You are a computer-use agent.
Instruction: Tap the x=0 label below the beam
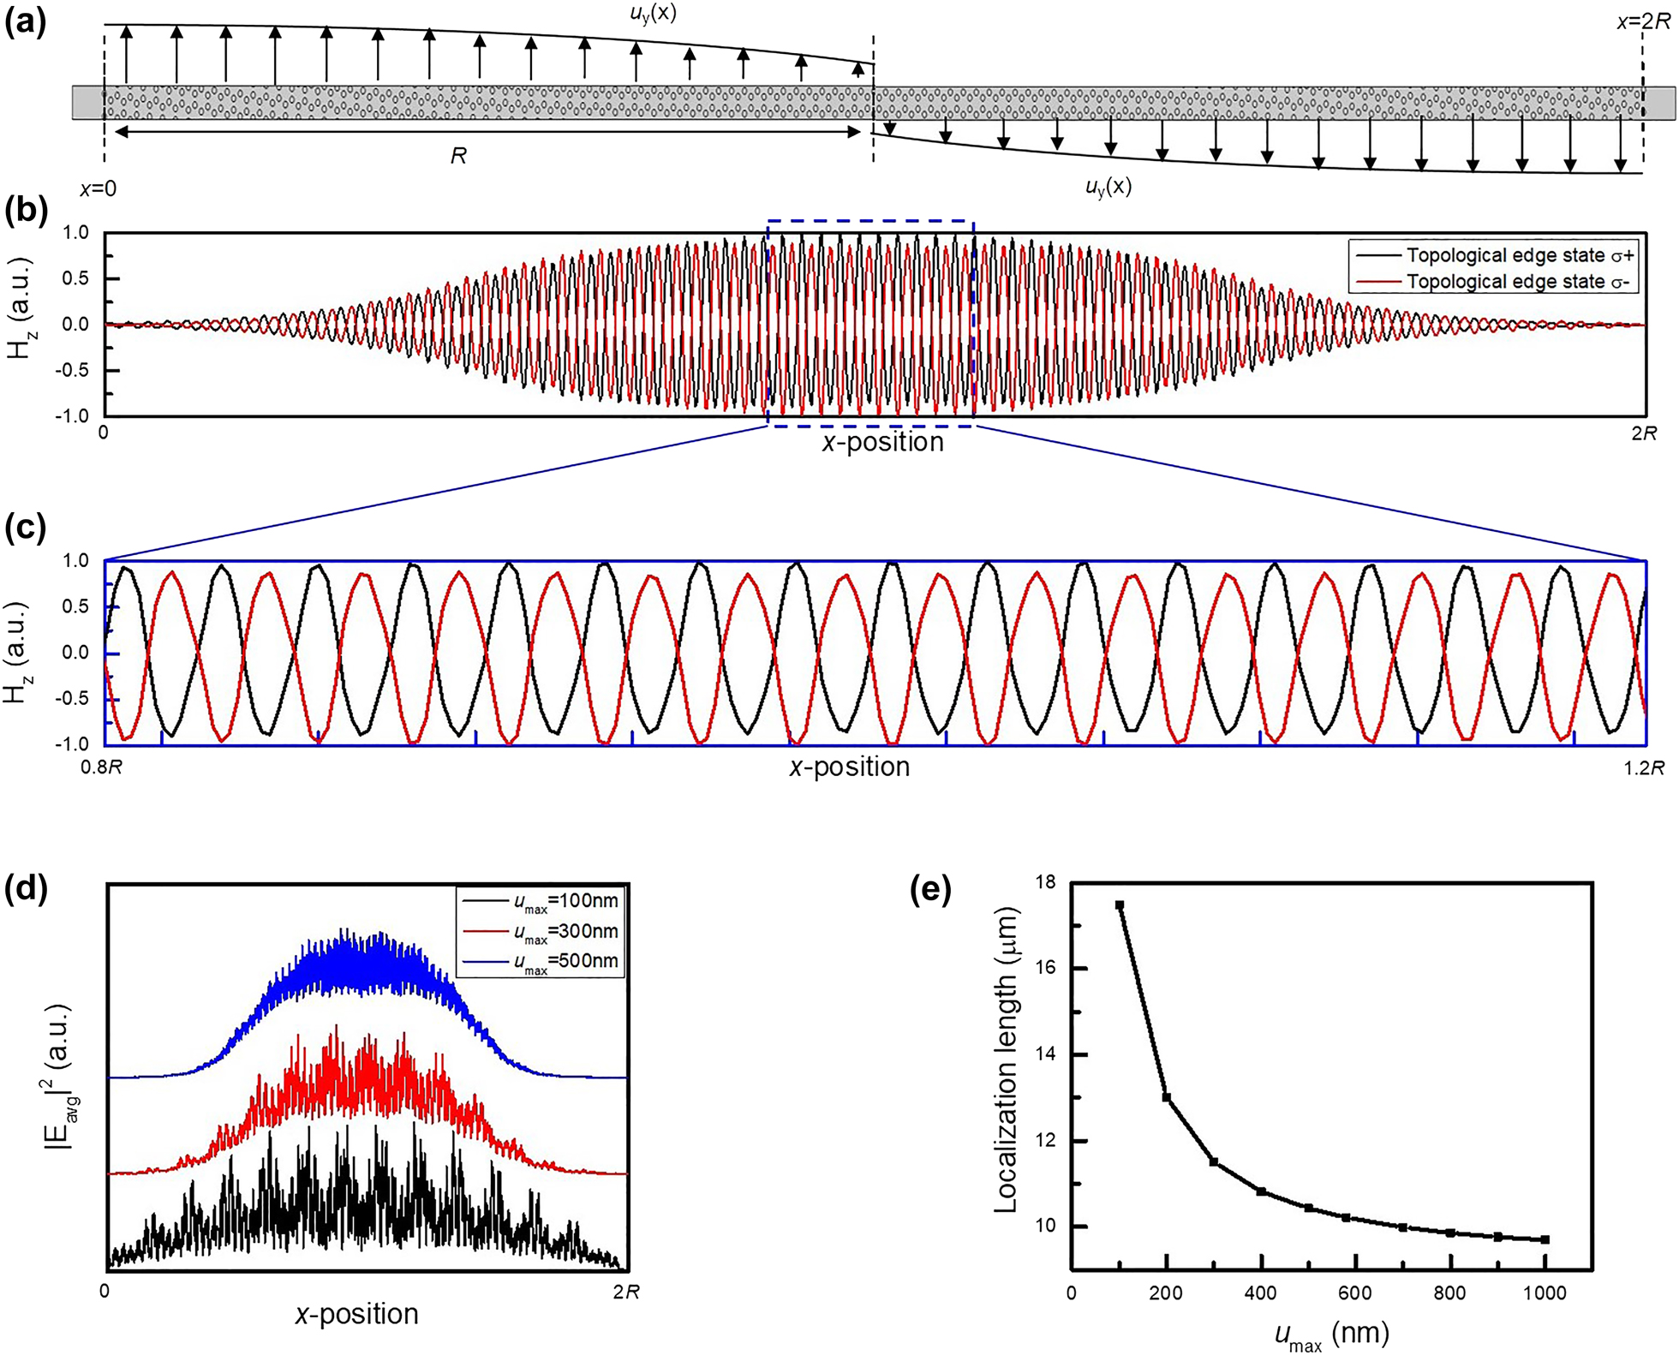[x=98, y=188]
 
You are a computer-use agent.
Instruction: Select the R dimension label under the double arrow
[x=458, y=156]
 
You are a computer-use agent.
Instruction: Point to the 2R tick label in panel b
[x=1643, y=433]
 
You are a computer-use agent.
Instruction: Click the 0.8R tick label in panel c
[x=101, y=767]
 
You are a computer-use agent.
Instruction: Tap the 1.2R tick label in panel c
[x=1643, y=767]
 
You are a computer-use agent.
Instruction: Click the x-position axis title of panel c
[x=849, y=767]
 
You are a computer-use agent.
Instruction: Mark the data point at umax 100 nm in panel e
[x=1119, y=904]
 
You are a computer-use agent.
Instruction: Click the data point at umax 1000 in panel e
[x=1545, y=1239]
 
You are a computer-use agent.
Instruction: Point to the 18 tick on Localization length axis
[x=1045, y=882]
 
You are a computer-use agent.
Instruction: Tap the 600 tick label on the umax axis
[x=1354, y=1293]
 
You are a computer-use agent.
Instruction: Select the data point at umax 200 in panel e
[x=1166, y=1097]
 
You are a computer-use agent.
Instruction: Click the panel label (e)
[x=930, y=891]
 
